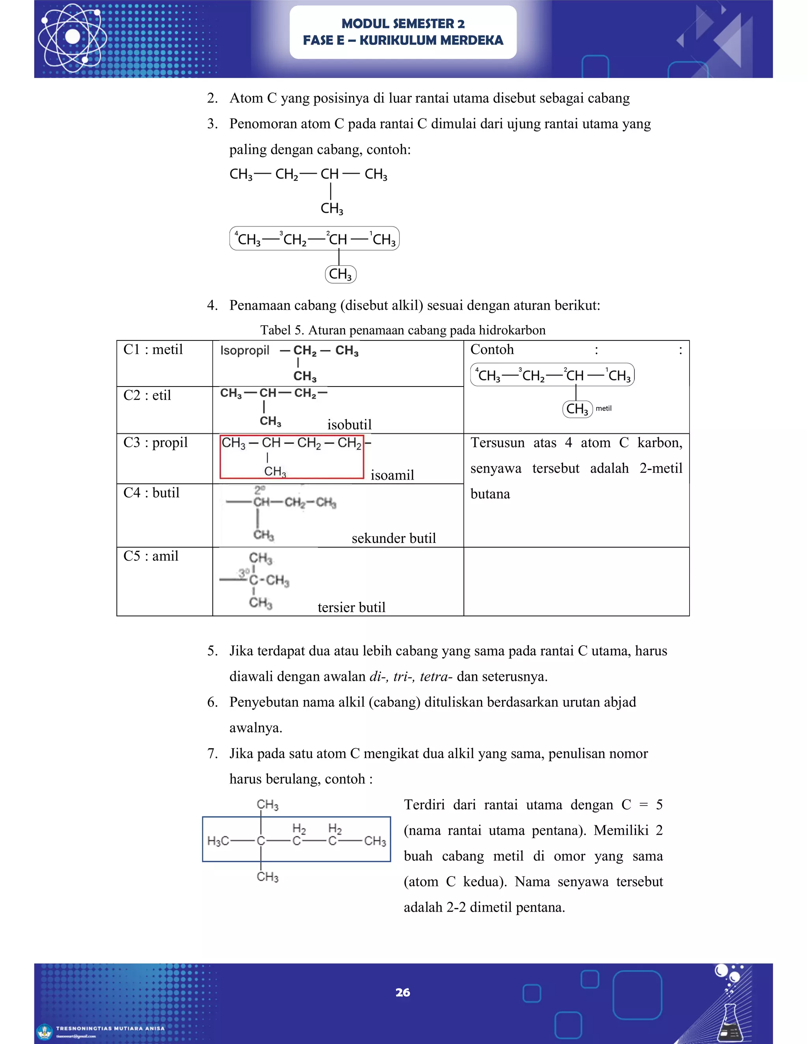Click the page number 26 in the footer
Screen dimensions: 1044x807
(403, 992)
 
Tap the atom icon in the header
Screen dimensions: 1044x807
(73, 36)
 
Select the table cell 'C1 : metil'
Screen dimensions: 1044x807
(153, 349)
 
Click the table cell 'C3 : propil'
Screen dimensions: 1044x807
(155, 443)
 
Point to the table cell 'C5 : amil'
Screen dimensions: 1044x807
(151, 556)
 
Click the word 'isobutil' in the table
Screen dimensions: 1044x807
(350, 424)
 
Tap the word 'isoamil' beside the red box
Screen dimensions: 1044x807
(392, 475)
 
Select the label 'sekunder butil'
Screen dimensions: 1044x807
(394, 538)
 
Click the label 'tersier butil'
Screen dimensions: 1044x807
(351, 607)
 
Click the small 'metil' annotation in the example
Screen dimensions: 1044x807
(603, 408)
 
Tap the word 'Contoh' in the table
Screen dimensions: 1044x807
(492, 349)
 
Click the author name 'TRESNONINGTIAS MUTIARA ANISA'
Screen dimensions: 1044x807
(110, 1028)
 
